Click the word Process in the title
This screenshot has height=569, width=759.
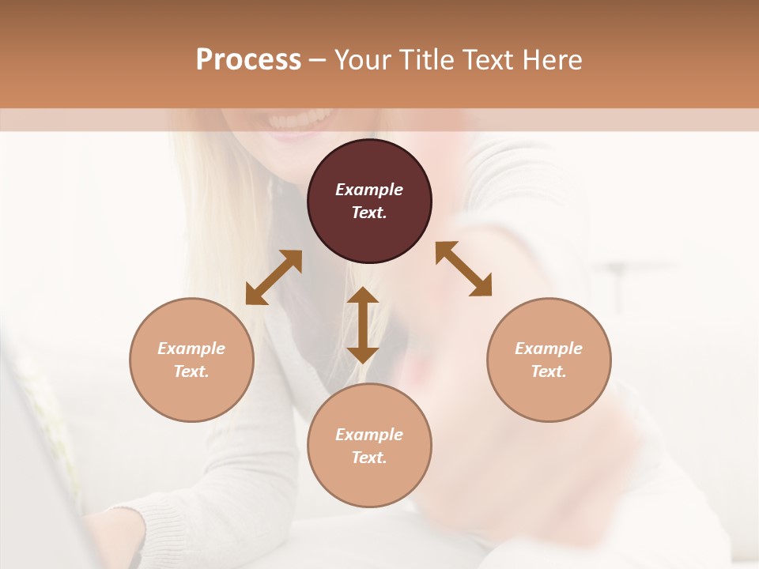pos(248,60)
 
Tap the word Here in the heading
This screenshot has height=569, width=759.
pos(551,60)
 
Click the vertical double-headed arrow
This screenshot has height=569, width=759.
pos(363,325)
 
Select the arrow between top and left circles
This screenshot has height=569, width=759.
pos(274,277)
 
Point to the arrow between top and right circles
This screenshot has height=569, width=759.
pos(463,269)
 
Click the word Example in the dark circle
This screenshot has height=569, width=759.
pos(369,190)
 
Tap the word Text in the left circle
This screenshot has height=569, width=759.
pos(191,371)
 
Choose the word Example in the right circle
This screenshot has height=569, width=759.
pos(549,349)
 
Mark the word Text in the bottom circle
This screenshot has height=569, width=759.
pos(369,458)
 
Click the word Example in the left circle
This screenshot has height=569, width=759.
pos(191,349)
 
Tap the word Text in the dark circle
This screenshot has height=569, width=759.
pos(369,213)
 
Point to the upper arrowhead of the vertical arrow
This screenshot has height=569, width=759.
pos(363,296)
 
